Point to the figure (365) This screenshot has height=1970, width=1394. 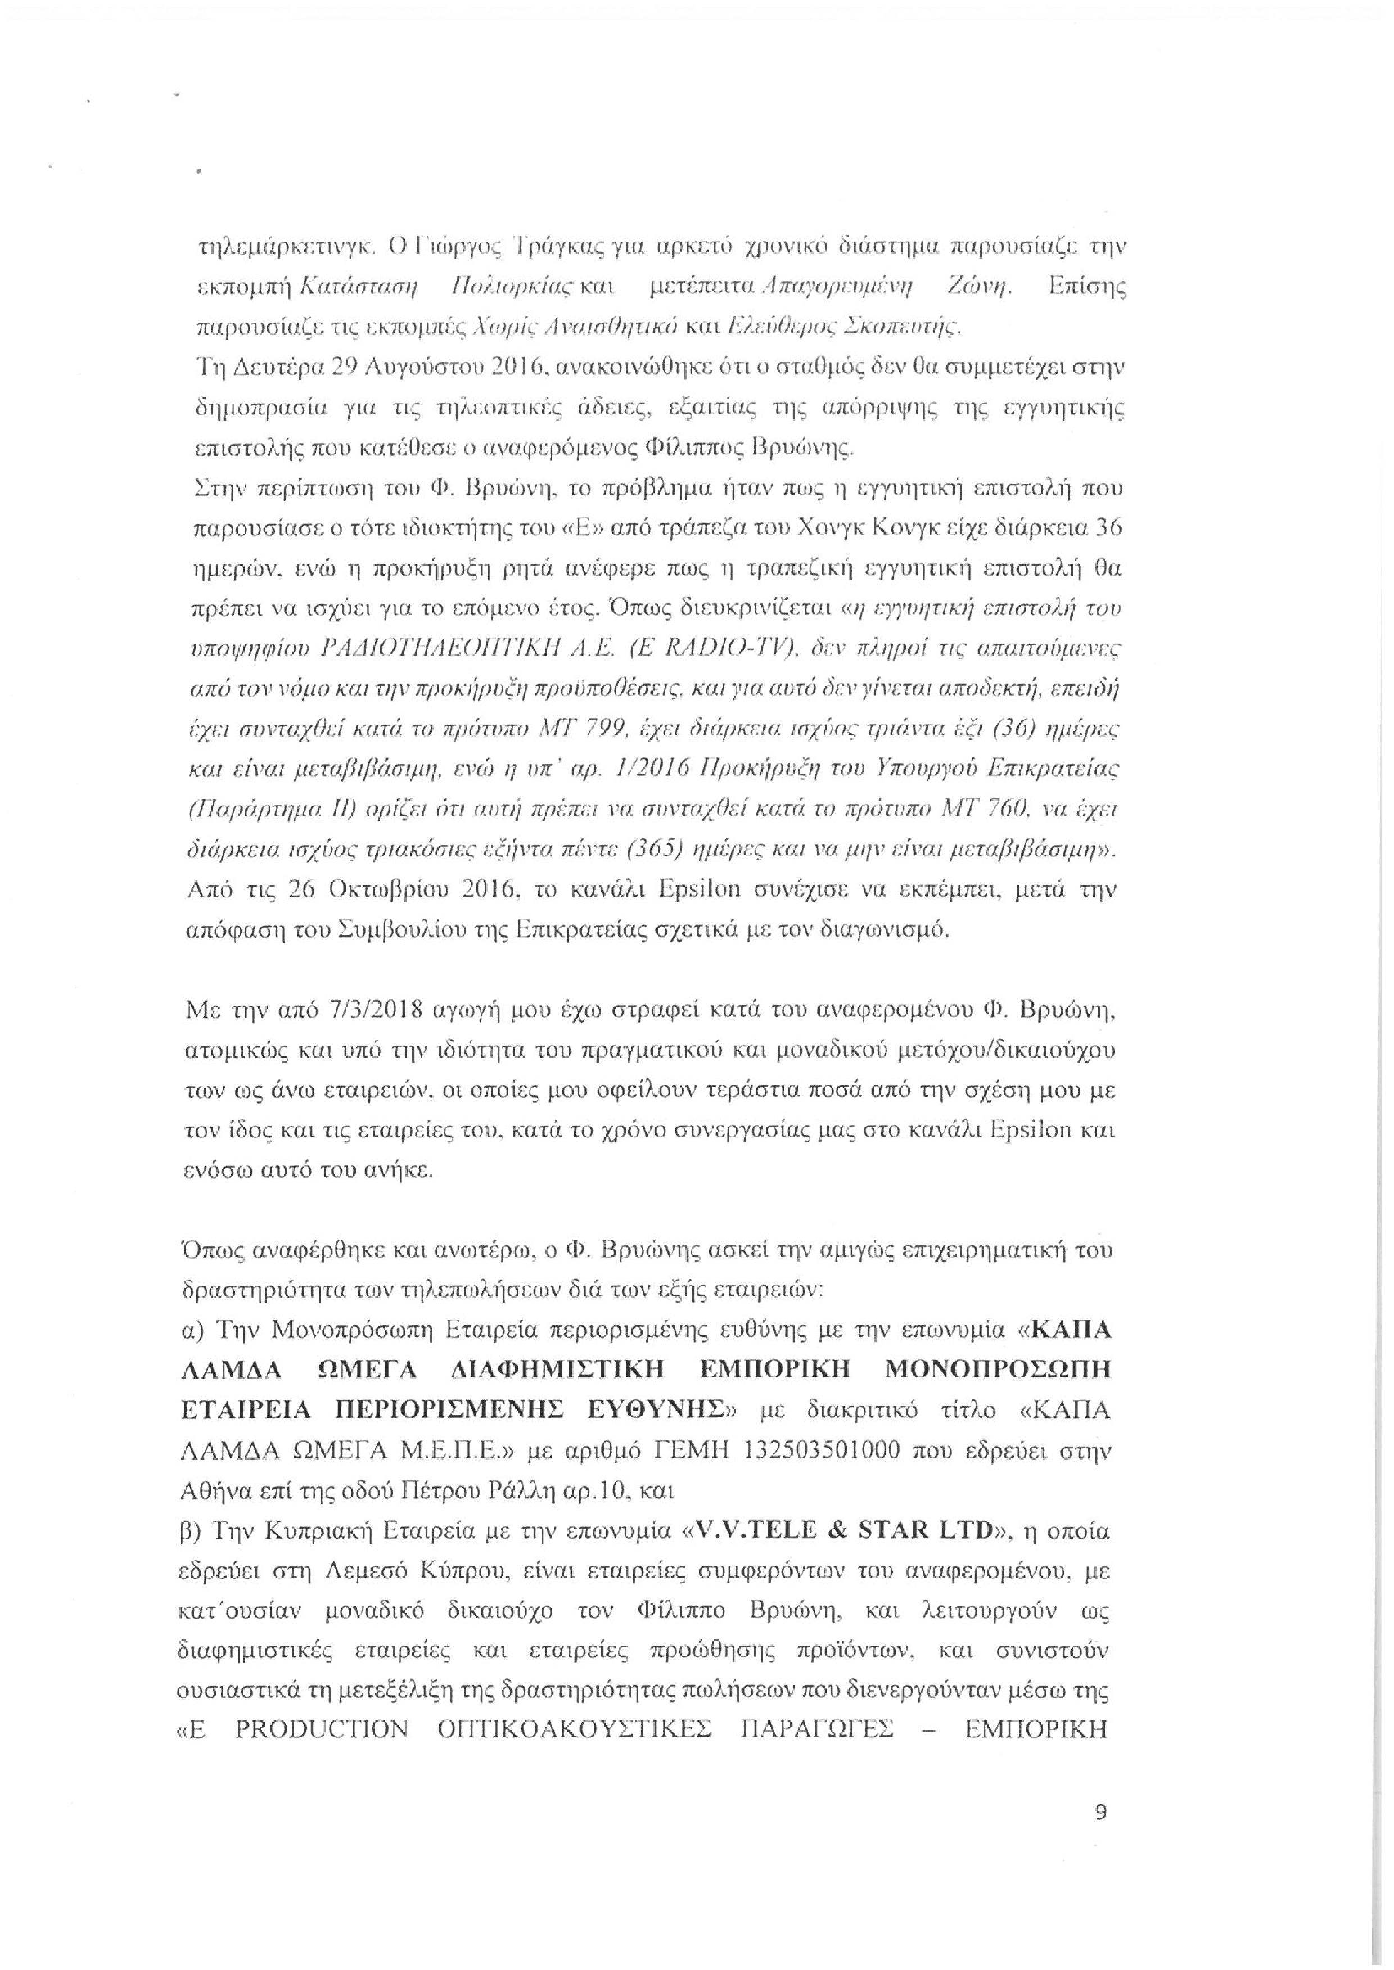657,844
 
